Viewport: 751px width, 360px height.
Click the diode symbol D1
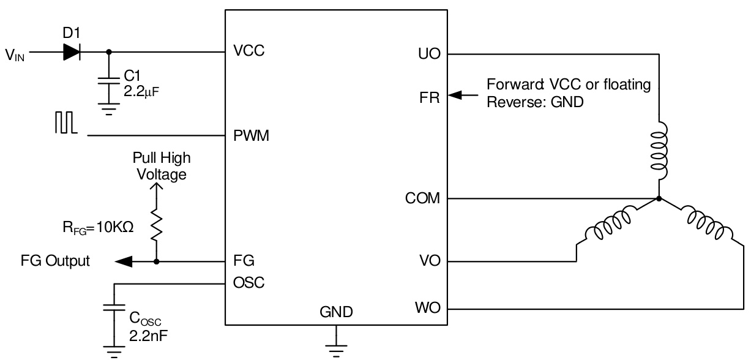pos(72,53)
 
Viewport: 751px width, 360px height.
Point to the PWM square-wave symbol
pos(65,128)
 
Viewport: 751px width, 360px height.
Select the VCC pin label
pos(248,53)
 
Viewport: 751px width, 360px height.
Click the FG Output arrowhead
pos(124,262)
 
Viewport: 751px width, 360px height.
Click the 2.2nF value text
pos(145,336)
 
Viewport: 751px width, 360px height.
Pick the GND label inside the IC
pos(336,312)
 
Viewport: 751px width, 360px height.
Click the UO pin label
pos(431,54)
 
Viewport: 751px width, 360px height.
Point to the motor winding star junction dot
pos(659,199)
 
